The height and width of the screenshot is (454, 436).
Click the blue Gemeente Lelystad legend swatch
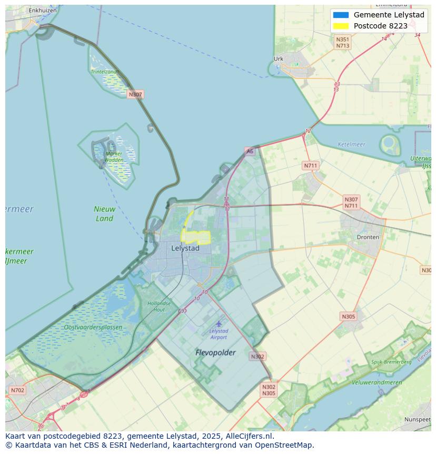coord(341,15)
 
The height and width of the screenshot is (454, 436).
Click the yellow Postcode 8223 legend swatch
coord(341,26)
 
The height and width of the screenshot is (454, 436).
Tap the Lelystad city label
coord(185,248)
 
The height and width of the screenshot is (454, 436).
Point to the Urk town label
coord(279,59)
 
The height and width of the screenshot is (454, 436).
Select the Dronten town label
coord(368,237)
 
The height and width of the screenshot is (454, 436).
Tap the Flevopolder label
coord(215,352)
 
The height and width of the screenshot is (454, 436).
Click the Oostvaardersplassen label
coord(93,327)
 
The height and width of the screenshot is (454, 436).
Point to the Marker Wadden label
coord(114,157)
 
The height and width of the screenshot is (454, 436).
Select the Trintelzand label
coord(104,71)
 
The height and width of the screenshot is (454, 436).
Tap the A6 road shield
coord(249,151)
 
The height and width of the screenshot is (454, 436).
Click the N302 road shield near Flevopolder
coord(257,356)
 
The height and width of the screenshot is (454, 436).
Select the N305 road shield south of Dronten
coord(348,316)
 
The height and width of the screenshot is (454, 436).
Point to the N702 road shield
coord(17,390)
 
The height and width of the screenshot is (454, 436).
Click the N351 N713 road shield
coord(343,43)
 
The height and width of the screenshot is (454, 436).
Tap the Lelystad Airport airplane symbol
coord(219,323)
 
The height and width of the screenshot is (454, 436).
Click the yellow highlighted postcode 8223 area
coord(195,237)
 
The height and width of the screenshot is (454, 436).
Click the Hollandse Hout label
coord(159,306)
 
